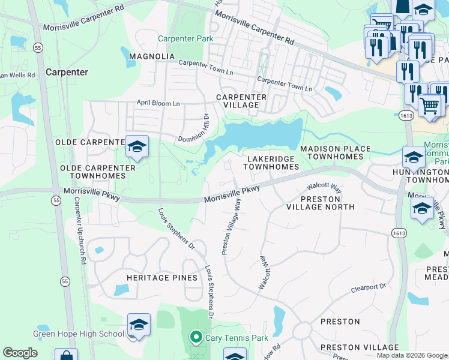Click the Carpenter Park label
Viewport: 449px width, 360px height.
(x=185, y=39)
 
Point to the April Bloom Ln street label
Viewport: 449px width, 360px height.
(x=158, y=103)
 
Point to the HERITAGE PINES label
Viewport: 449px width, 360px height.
(x=162, y=278)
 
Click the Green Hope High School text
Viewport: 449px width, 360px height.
(x=79, y=334)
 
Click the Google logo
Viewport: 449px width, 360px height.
(x=20, y=353)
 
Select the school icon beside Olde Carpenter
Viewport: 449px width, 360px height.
(x=137, y=146)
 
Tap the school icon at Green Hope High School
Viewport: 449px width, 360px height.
(x=139, y=325)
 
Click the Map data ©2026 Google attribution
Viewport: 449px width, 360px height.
(x=411, y=355)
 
